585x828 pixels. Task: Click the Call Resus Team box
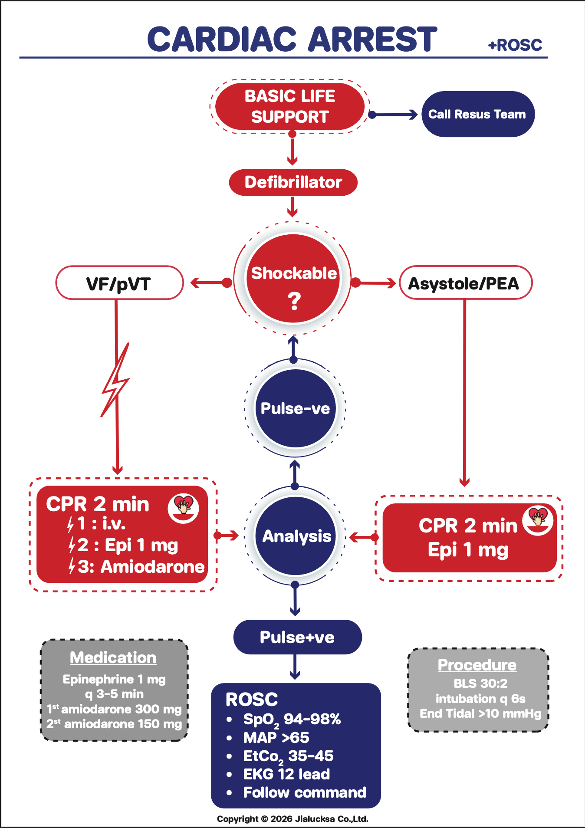click(478, 114)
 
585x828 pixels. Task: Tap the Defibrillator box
click(293, 182)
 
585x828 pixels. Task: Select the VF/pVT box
click(119, 283)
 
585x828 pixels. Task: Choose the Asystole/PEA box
click(465, 283)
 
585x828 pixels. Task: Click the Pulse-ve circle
click(295, 408)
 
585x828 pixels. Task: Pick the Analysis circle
click(296, 536)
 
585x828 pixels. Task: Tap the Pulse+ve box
click(297, 637)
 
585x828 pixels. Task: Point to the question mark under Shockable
click(294, 301)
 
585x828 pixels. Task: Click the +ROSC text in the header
click(515, 45)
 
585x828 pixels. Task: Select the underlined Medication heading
click(113, 657)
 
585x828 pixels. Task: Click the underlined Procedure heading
click(477, 665)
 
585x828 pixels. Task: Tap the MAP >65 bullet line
click(276, 737)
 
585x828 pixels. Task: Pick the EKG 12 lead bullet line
click(286, 774)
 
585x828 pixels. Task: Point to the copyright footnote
click(292, 819)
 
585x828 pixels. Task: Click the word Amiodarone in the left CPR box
click(152, 567)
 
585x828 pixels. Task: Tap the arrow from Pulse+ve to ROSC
click(295, 667)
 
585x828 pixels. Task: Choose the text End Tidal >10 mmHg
click(480, 714)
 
